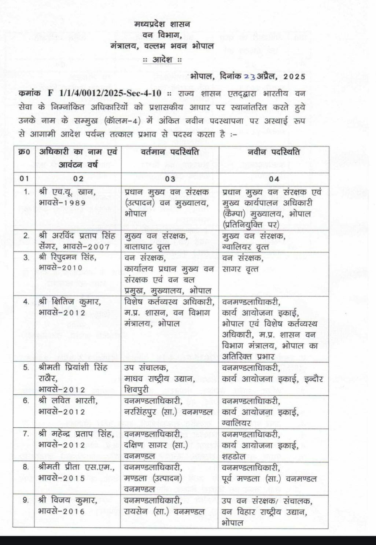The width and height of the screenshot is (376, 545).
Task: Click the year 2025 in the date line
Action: (294, 76)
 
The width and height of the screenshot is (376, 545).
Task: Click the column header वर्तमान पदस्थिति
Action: (170, 152)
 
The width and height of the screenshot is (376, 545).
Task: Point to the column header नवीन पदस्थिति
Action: (273, 152)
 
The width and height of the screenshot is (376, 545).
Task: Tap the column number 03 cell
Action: (170, 178)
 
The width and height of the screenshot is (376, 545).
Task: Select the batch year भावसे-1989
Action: (62, 203)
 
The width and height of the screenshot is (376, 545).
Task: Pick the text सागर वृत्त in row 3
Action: (240, 269)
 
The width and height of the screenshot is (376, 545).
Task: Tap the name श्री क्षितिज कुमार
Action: (70, 302)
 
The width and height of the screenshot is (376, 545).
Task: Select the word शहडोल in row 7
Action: (234, 456)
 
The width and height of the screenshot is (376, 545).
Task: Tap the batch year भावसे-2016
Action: (62, 511)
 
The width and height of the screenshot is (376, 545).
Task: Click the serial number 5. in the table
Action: (26, 367)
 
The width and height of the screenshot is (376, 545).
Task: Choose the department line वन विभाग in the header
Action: (162, 35)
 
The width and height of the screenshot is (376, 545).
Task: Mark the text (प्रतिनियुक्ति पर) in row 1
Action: (251, 224)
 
